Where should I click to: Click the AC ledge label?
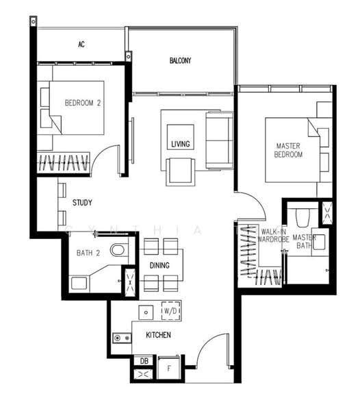click(x=81, y=45)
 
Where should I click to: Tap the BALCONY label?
click(x=181, y=60)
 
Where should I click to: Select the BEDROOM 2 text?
click(x=83, y=103)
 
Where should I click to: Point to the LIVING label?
click(x=181, y=144)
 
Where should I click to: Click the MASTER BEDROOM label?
click(x=288, y=150)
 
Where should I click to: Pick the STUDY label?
click(x=82, y=203)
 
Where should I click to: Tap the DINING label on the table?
click(x=159, y=265)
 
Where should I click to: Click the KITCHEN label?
click(x=158, y=335)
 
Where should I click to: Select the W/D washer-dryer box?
click(x=170, y=311)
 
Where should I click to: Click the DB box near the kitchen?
click(x=144, y=361)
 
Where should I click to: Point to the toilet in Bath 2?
click(x=119, y=250)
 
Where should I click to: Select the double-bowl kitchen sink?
click(x=122, y=338)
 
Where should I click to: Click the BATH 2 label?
click(x=88, y=253)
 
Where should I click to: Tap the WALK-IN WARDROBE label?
click(x=273, y=236)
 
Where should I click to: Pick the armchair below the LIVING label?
click(x=181, y=172)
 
